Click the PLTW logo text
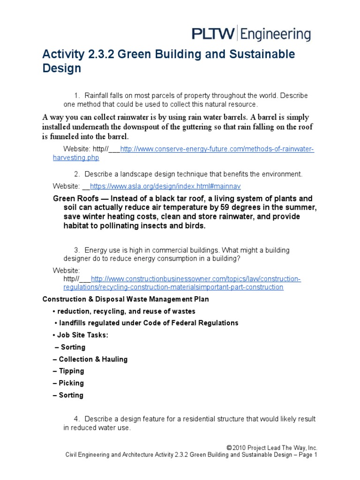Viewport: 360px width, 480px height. pos(214,34)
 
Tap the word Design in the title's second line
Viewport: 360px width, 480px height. pos(62,68)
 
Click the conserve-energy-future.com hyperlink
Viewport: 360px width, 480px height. pos(217,149)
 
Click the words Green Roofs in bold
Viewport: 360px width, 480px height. pos(75,199)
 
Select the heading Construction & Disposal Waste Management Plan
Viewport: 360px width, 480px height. pos(126,299)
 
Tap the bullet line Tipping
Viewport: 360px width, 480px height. pos(71,371)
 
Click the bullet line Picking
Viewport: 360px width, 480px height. pos(71,383)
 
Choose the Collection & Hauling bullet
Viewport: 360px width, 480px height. pos(93,359)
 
